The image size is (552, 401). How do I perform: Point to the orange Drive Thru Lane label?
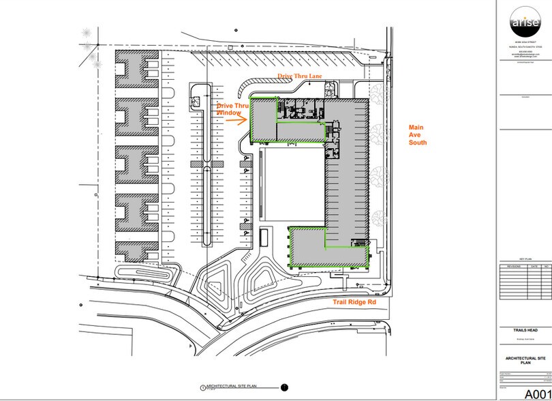tap(298, 76)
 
